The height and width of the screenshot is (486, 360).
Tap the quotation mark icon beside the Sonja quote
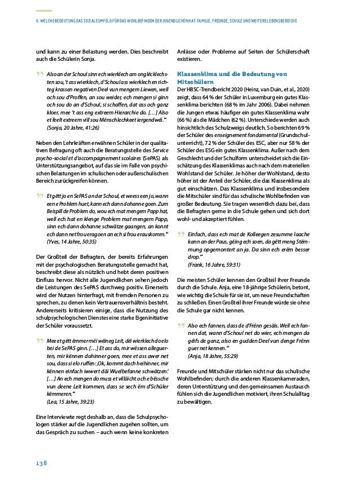click(x=37, y=76)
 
